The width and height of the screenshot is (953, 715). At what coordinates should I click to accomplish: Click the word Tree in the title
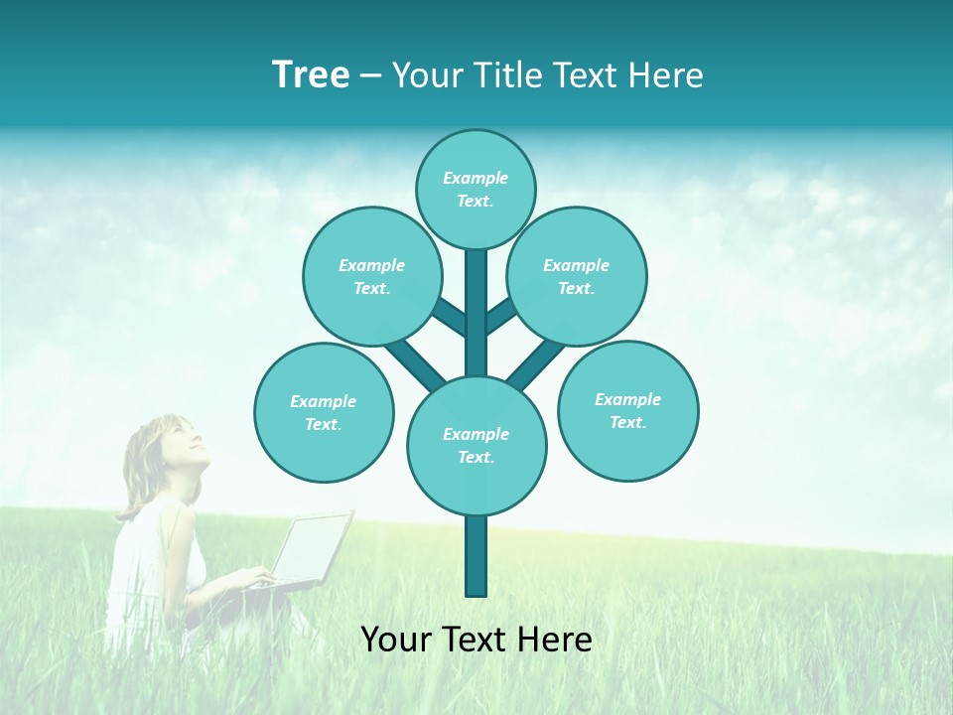tap(311, 75)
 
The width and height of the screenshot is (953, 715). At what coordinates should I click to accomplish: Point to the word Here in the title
tap(666, 75)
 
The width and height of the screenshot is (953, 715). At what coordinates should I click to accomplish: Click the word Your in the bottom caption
tap(398, 640)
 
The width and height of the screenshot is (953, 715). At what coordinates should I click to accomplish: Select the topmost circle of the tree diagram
tap(476, 189)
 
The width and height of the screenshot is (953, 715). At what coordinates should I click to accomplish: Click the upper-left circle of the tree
tap(371, 276)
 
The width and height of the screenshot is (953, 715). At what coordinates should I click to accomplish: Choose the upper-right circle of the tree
tap(577, 276)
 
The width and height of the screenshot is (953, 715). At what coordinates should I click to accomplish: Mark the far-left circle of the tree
tap(324, 412)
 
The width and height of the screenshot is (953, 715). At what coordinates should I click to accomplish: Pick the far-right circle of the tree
tap(627, 410)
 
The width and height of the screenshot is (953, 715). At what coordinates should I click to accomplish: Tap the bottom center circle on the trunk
tap(476, 445)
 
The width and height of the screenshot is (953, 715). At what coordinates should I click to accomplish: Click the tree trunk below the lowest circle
tap(476, 556)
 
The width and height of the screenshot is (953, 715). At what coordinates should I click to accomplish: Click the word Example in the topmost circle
tap(476, 178)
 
